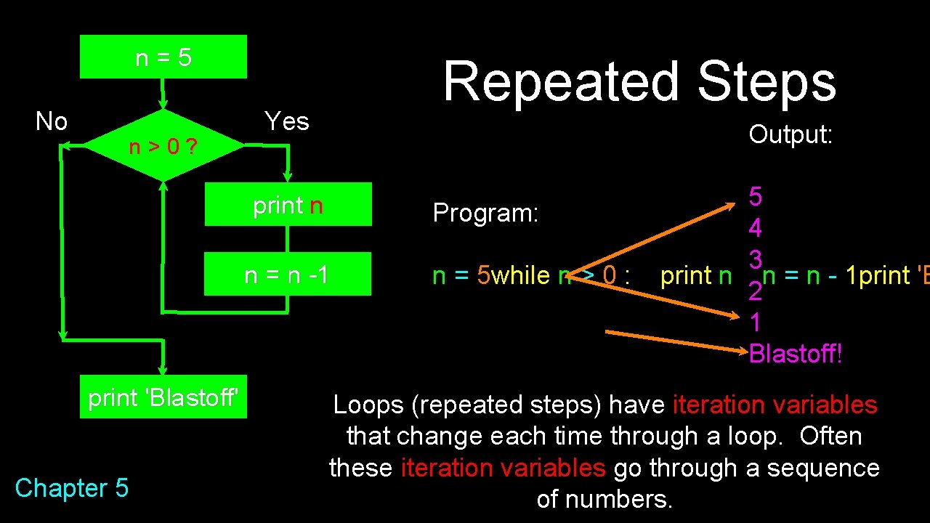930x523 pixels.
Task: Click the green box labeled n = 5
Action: (x=163, y=57)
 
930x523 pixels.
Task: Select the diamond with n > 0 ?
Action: (x=163, y=146)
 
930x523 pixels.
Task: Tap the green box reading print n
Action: (x=288, y=205)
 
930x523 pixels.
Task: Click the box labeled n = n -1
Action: (x=287, y=275)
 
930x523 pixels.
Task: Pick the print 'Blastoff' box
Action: (x=163, y=397)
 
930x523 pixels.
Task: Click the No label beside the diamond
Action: (x=52, y=121)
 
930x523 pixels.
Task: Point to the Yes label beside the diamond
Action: (x=287, y=121)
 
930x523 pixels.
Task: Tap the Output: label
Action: (x=790, y=134)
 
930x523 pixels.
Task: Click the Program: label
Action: (x=485, y=213)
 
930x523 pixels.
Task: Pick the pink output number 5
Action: (x=756, y=196)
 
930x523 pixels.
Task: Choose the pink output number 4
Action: (x=756, y=228)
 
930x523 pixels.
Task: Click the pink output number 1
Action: (x=756, y=322)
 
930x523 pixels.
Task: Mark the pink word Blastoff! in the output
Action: (x=796, y=354)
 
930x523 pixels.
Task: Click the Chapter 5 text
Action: (x=71, y=488)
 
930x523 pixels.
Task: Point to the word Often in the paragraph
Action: (x=830, y=437)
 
